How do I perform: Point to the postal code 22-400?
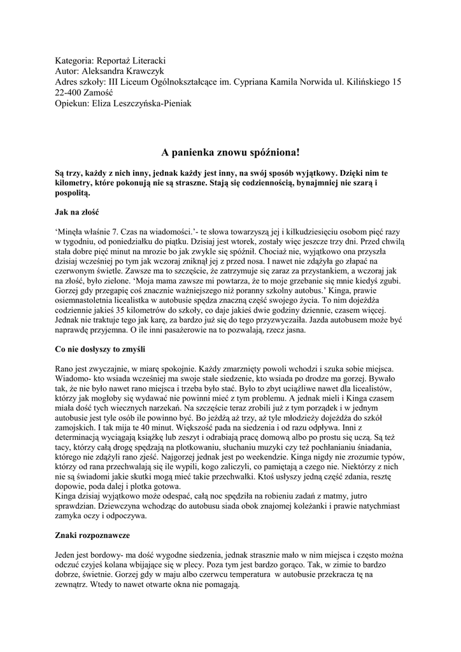pos(69,93)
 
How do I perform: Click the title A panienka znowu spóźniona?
pos(230,153)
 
